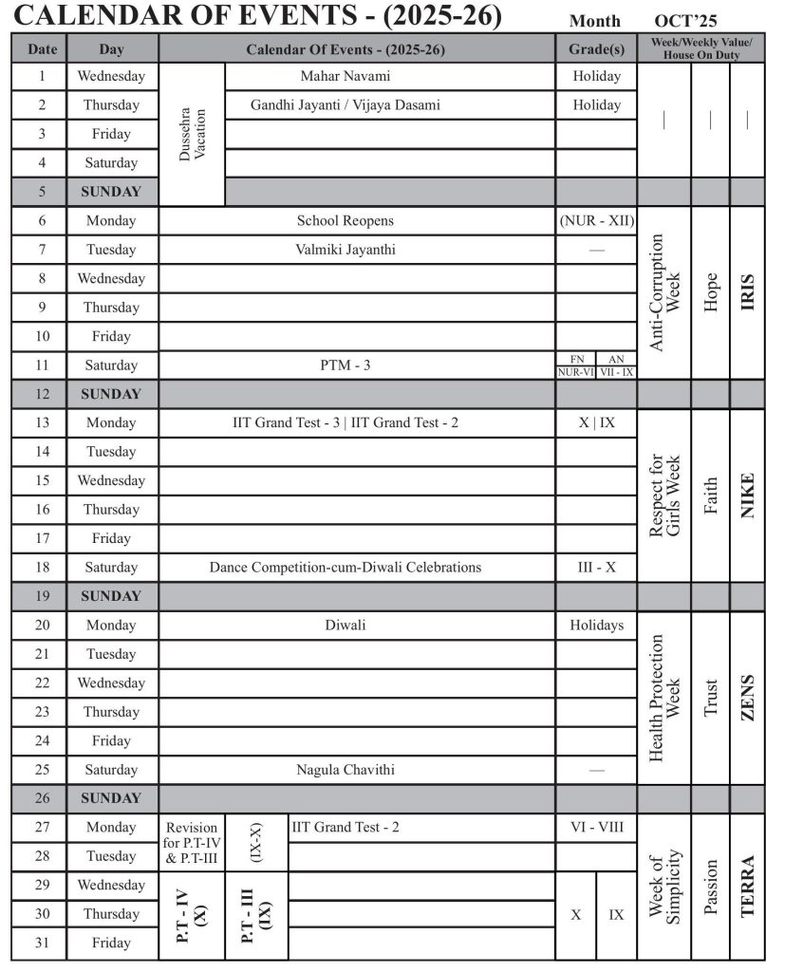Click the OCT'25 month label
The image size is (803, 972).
click(685, 21)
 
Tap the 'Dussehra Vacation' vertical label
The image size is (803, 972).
click(193, 134)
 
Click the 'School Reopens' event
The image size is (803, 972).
click(345, 220)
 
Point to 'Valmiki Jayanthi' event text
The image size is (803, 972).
click(345, 250)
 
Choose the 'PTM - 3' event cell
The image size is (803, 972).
click(345, 364)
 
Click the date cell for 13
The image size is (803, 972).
click(42, 422)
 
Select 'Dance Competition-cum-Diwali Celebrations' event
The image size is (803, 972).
click(345, 567)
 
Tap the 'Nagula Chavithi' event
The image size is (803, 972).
click(345, 769)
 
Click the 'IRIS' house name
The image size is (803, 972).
click(747, 292)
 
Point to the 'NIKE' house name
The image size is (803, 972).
click(747, 495)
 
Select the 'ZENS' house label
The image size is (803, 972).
click(747, 698)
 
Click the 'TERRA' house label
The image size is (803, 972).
click(747, 887)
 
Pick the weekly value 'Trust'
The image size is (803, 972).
click(711, 698)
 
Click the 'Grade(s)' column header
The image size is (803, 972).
click(596, 48)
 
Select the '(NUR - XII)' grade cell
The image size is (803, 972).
click(596, 220)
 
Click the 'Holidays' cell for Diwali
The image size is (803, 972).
click(596, 625)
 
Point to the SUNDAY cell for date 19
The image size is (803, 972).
click(111, 596)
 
